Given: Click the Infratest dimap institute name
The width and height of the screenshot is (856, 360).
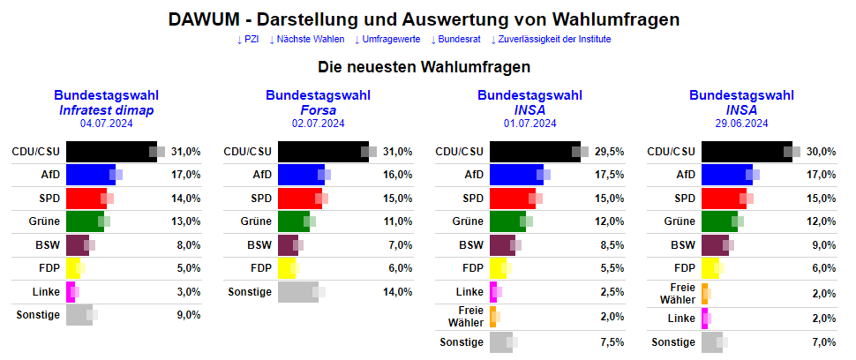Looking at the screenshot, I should (x=106, y=110).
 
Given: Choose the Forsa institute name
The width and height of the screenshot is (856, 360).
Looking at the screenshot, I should (x=318, y=110).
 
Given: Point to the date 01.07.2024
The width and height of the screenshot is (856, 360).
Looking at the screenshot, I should (x=529, y=124).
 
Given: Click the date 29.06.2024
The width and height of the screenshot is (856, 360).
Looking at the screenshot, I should (x=741, y=124).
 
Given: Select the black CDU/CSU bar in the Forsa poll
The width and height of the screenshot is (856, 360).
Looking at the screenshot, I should (x=319, y=152).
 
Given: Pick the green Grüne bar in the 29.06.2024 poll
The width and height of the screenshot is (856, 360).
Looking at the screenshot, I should (x=718, y=221).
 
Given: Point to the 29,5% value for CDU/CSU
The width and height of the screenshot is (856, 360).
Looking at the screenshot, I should (x=609, y=152).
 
